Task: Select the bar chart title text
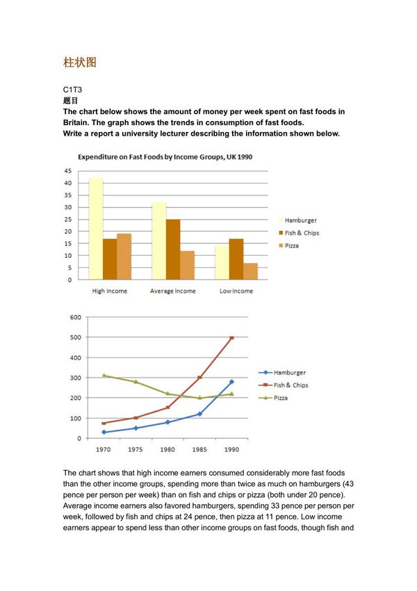pyautogui.click(x=165, y=157)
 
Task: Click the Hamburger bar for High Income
pyautogui.click(x=95, y=229)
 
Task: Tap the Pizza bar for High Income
pyautogui.click(x=124, y=257)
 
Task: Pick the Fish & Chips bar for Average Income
pyautogui.click(x=174, y=250)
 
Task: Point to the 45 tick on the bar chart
pyautogui.click(x=67, y=171)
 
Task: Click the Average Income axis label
pyautogui.click(x=173, y=291)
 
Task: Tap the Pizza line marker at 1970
pyautogui.click(x=104, y=375)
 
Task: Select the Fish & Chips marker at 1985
pyautogui.click(x=199, y=378)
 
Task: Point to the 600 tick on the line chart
pyautogui.click(x=75, y=317)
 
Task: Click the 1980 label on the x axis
pyautogui.click(x=167, y=450)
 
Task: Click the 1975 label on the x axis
pyautogui.click(x=136, y=450)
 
